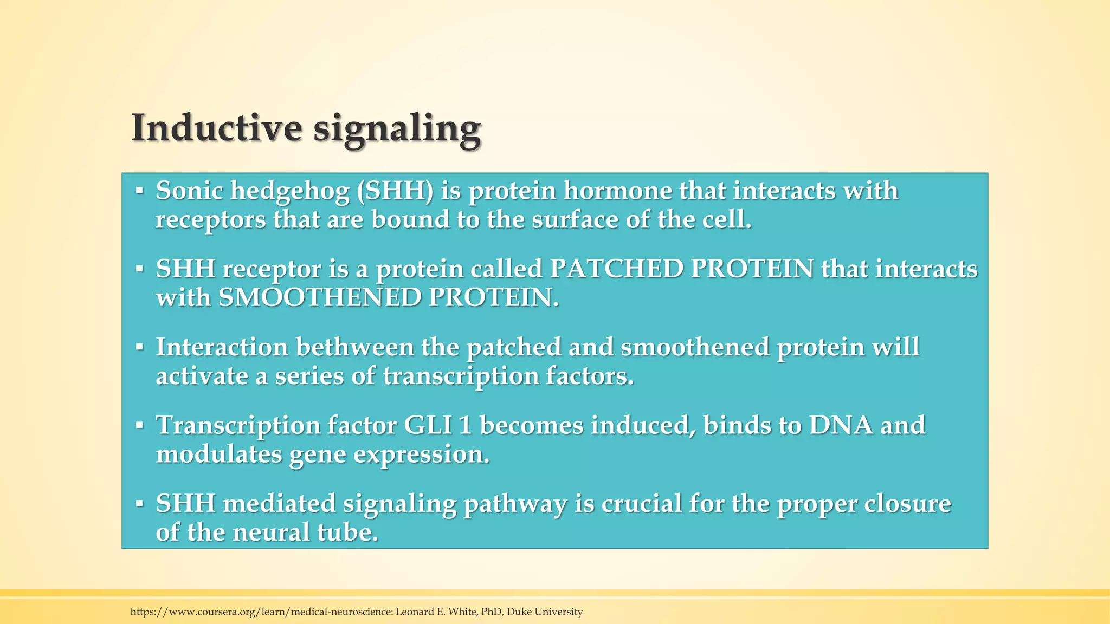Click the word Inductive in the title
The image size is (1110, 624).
[216, 128]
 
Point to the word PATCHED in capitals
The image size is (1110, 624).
[616, 269]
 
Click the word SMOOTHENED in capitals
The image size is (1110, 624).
[320, 297]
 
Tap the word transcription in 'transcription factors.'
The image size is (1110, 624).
[461, 376]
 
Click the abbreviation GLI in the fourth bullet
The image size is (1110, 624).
[428, 425]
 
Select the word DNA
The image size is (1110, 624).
[841, 425]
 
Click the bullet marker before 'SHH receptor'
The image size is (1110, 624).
[139, 269]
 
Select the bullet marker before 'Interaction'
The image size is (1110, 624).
[139, 347]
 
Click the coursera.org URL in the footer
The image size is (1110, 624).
[260, 612]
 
